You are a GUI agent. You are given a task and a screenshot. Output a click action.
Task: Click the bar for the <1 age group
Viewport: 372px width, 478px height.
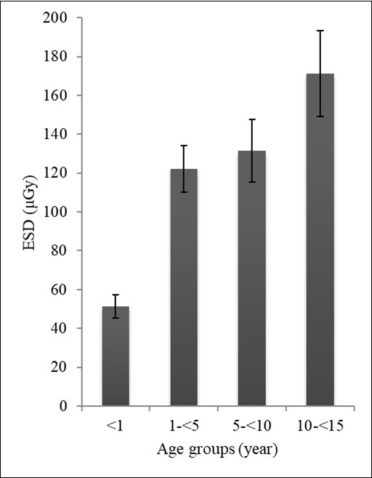(x=116, y=356)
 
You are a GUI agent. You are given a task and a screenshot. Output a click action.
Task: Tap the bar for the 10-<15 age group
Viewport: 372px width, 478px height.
(x=320, y=240)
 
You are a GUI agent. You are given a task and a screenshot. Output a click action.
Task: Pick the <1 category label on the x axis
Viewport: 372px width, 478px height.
(x=116, y=424)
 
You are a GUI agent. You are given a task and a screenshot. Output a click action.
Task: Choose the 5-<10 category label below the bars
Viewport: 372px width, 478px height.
(x=252, y=424)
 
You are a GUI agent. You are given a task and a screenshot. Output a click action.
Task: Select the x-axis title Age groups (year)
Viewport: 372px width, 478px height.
(x=217, y=449)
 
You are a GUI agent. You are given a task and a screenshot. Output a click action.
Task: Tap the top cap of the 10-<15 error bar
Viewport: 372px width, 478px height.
(x=320, y=31)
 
